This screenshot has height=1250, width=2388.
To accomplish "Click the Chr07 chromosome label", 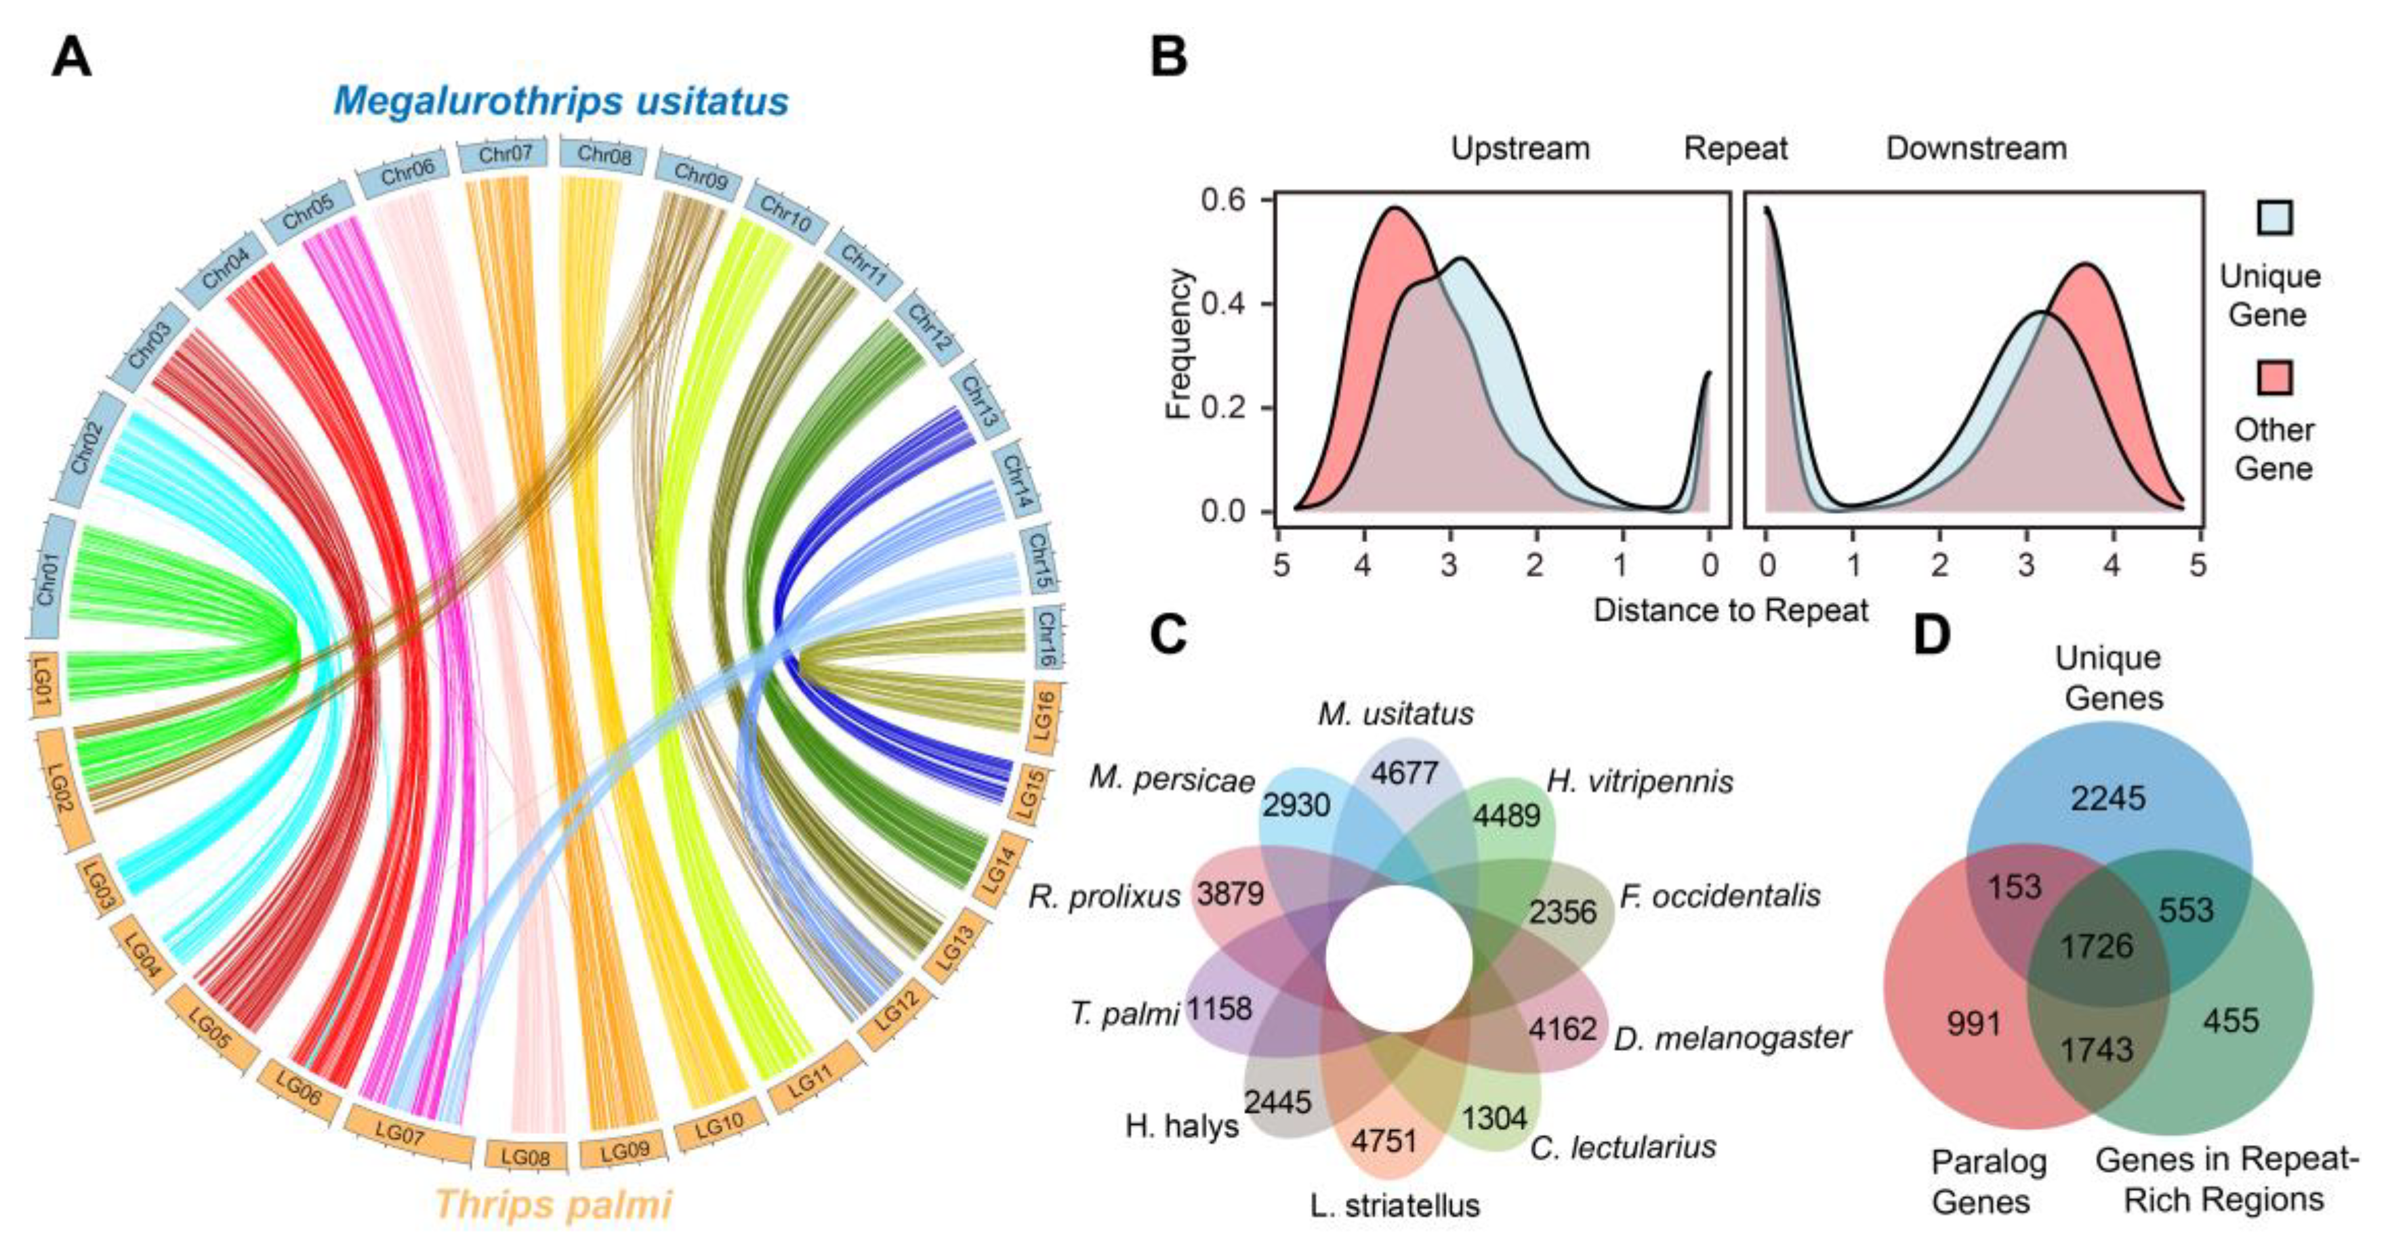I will click(x=506, y=154).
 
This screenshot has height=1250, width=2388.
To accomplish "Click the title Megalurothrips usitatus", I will click(x=561, y=101).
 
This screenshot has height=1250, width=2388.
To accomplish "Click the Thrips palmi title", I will click(x=554, y=1205).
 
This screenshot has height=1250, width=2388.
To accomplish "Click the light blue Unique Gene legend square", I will click(x=2269, y=218).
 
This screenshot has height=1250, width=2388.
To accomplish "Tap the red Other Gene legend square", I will click(x=2269, y=377).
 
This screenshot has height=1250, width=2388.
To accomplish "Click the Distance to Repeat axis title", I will click(x=1731, y=609).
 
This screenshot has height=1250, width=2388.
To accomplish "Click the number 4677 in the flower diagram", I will click(x=1405, y=772).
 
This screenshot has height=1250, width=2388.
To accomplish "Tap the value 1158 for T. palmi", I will click(x=1219, y=1008).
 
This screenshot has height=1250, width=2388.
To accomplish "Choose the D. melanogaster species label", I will click(x=1731, y=1038).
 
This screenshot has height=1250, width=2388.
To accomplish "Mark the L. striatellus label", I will click(x=1395, y=1205).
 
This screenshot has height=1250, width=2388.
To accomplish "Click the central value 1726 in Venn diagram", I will click(x=2097, y=946).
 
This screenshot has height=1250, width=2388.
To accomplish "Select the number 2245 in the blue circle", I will click(x=2109, y=798).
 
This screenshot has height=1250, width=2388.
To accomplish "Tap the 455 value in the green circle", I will click(x=2230, y=1020).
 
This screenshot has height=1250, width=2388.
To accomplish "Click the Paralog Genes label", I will click(x=1980, y=1182).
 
